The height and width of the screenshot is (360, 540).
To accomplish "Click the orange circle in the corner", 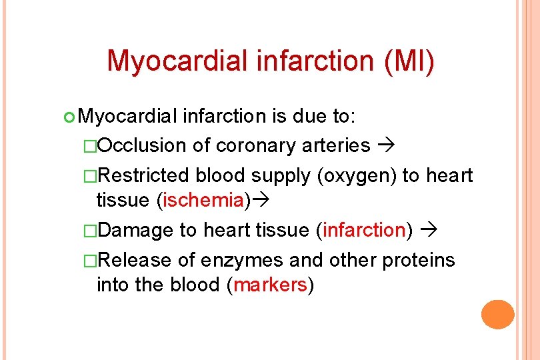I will click(x=498, y=314).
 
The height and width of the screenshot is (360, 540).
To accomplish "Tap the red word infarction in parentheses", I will click(x=364, y=230).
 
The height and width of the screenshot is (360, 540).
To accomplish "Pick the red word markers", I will click(x=270, y=285).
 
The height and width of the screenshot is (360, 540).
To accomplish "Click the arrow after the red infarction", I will click(x=429, y=231).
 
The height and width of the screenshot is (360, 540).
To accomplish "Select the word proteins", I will click(x=419, y=259).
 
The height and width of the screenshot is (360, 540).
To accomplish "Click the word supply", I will click(x=279, y=175).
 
